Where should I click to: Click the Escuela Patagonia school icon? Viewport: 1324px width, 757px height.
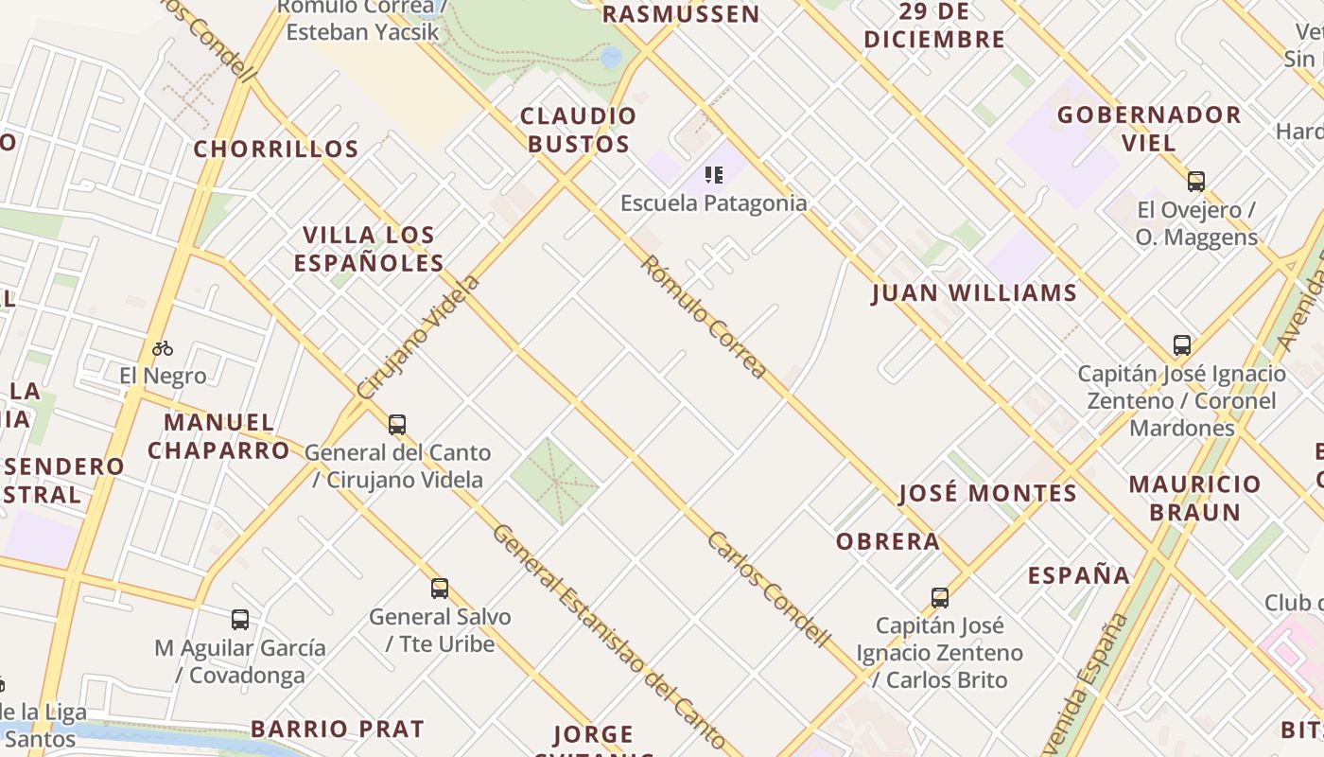(714, 175)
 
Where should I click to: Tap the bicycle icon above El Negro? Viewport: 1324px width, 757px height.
(163, 348)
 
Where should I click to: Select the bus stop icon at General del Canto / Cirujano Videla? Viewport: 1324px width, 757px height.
(397, 425)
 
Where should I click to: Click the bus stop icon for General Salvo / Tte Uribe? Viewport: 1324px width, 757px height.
(440, 589)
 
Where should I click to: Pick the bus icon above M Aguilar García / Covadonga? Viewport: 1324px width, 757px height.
(240, 621)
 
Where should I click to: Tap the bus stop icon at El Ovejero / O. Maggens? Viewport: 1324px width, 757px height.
(1196, 182)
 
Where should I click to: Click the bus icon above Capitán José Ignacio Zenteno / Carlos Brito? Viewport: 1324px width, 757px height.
(939, 598)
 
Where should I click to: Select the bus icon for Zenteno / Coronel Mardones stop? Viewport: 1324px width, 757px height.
(1181, 345)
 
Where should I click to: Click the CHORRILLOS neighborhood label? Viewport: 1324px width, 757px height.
(276, 150)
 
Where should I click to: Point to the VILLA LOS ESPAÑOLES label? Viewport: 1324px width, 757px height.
(369, 249)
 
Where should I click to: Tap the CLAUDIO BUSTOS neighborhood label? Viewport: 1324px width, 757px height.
(578, 130)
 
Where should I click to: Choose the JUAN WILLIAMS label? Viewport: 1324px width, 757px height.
(974, 293)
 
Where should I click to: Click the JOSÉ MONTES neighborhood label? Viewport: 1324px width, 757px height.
(987, 493)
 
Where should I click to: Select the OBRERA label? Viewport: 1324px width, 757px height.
(888, 541)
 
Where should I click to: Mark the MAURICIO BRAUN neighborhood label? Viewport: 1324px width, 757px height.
(1195, 498)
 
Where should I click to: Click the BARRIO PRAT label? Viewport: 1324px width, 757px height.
(338, 729)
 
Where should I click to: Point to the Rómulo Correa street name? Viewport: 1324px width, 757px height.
(703, 317)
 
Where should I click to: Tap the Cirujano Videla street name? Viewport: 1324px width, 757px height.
(419, 337)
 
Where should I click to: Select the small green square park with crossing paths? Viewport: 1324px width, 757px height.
(554, 481)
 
